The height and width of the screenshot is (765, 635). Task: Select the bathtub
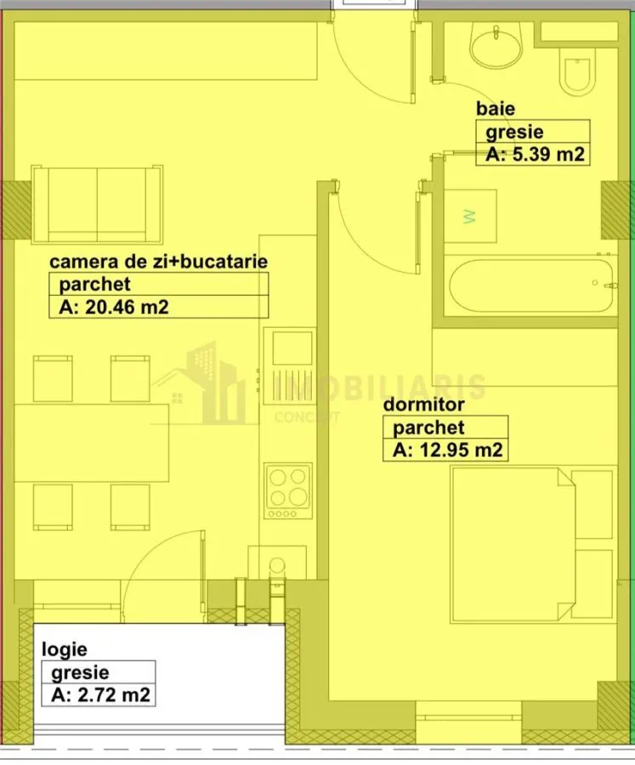(531, 286)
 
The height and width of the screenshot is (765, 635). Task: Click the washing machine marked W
(470, 216)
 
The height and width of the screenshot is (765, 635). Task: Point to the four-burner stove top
(288, 490)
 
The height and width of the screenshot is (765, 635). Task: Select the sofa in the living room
(97, 204)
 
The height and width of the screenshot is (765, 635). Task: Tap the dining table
(91, 443)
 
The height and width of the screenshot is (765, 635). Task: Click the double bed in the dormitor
(513, 545)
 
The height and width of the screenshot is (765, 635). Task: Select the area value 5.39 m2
(536, 154)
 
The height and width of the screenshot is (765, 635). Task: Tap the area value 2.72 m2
(101, 694)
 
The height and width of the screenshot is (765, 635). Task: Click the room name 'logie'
(65, 649)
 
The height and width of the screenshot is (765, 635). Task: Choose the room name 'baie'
(496, 108)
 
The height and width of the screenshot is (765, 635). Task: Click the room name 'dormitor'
(423, 405)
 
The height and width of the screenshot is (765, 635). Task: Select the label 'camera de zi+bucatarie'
(159, 262)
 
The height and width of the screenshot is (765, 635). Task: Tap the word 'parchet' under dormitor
(429, 428)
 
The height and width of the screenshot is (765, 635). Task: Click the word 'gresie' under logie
(80, 673)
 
